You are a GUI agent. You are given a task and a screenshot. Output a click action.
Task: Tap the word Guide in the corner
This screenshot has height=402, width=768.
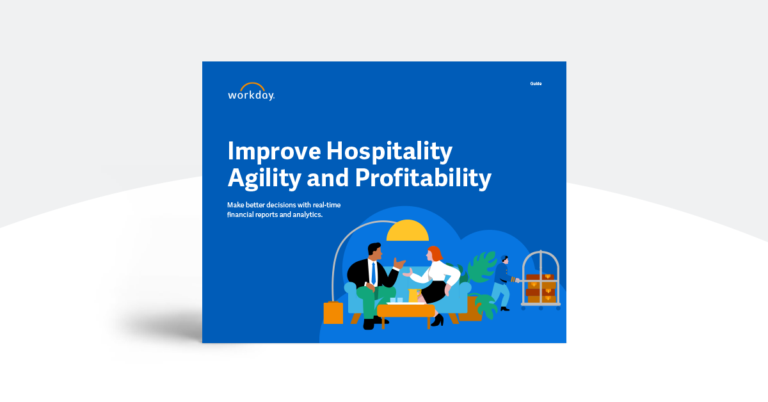[536, 84]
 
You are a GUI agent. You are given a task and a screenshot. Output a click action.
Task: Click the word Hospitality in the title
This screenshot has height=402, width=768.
[389, 152]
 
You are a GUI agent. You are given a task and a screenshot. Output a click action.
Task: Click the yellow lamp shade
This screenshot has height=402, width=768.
[408, 232]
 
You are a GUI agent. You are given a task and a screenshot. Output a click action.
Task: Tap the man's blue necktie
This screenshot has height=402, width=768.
[372, 272]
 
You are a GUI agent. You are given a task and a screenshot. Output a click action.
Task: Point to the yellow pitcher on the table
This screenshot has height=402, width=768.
[413, 296]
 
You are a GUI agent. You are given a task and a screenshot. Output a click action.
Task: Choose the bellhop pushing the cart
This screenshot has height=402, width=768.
[502, 282]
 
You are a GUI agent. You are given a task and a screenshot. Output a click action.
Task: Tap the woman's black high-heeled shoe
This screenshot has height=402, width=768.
[438, 319]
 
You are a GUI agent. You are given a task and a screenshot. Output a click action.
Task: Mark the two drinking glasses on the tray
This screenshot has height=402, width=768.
[396, 300]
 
